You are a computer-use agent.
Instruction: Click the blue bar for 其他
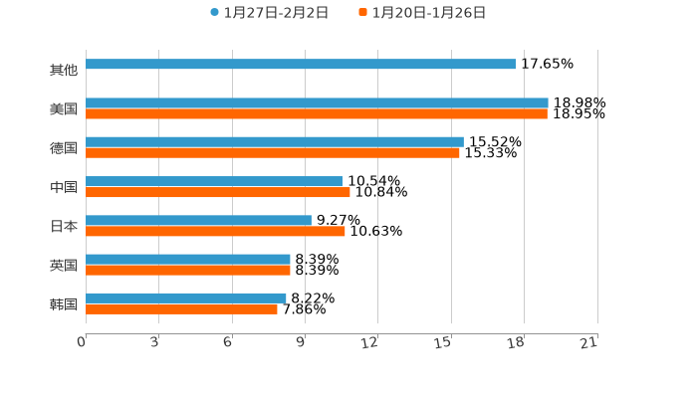click(301, 65)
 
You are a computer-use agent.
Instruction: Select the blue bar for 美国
click(317, 103)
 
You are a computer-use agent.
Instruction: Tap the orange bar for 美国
click(317, 114)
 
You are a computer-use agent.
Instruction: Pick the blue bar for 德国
click(275, 142)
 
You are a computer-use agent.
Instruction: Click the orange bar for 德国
click(273, 153)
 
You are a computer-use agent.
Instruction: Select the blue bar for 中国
click(214, 181)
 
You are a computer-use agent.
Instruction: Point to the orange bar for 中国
click(218, 192)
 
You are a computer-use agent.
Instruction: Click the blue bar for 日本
click(198, 220)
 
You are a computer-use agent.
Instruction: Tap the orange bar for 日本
click(215, 231)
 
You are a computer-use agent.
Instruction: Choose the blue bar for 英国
click(188, 259)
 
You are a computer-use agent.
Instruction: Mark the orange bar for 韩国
click(181, 308)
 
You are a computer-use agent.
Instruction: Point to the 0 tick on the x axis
click(83, 343)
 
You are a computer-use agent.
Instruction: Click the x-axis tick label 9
click(302, 343)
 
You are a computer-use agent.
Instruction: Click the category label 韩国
click(64, 303)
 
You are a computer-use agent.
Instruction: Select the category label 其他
click(64, 70)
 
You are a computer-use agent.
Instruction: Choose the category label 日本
click(64, 226)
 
